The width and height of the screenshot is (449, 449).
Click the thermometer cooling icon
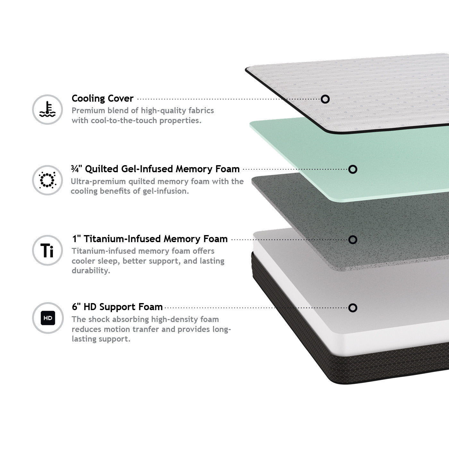(x=47, y=109)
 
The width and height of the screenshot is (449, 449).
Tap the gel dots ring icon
(x=47, y=180)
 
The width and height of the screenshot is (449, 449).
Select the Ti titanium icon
(x=47, y=250)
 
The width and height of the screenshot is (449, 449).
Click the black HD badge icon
(x=48, y=318)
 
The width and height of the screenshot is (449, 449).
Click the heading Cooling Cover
(x=103, y=98)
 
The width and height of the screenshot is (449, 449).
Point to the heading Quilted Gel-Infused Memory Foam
(x=155, y=169)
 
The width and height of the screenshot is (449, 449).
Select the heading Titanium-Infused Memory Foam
(x=150, y=239)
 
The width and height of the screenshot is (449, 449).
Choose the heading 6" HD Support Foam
(x=117, y=307)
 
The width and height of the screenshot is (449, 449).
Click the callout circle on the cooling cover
(x=325, y=99)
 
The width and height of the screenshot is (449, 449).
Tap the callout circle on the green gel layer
(x=353, y=169)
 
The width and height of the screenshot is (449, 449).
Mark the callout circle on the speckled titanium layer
(x=353, y=240)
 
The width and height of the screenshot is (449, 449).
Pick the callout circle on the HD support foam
(x=353, y=308)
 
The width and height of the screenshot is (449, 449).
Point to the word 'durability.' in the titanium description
(x=91, y=270)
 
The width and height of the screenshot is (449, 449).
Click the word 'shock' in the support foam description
(x=99, y=319)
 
